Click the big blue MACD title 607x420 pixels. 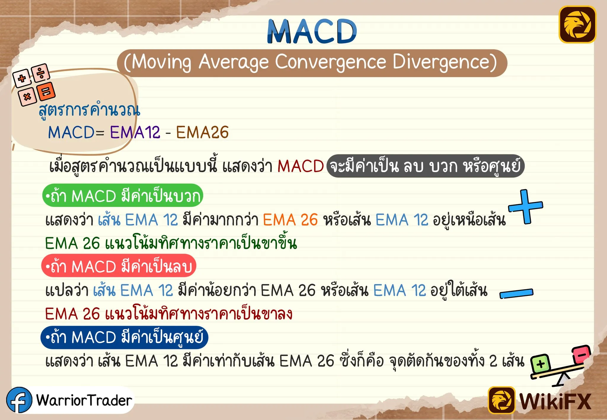pyautogui.click(x=312, y=31)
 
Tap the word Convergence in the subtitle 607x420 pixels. pyautogui.click(x=330, y=62)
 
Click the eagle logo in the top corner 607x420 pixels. pyautogui.click(x=577, y=25)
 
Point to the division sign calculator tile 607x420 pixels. pyautogui.click(x=41, y=72)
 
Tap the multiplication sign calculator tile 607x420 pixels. pyautogui.click(x=27, y=97)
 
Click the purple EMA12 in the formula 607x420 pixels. pyautogui.click(x=135, y=132)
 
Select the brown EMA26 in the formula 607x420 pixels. pyautogui.click(x=202, y=132)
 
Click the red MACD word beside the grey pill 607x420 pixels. pyautogui.click(x=301, y=166)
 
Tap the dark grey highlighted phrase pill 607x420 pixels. pyautogui.click(x=426, y=166)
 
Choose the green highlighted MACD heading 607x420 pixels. pyautogui.click(x=123, y=195)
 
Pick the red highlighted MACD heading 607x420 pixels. pyautogui.click(x=119, y=266)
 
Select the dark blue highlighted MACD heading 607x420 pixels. pyautogui.click(x=124, y=337)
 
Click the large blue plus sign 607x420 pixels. pyautogui.click(x=526, y=206)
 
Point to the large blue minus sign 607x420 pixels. pyautogui.click(x=517, y=294)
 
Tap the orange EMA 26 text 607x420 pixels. pyautogui.click(x=290, y=220)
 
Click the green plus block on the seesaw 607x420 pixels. pyautogui.click(x=540, y=364)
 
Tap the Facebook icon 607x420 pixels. pyautogui.click(x=19, y=400)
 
